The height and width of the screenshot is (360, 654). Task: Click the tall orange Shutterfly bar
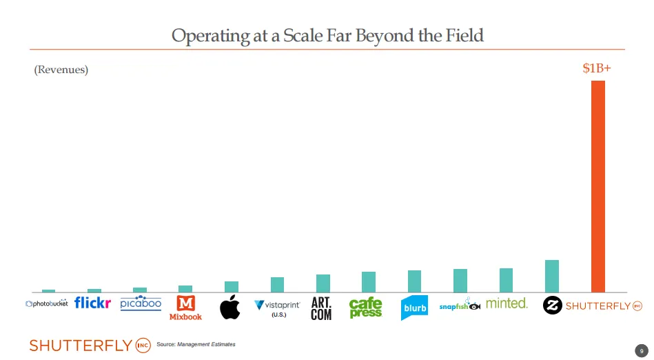point(597,186)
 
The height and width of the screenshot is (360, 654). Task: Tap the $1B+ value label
point(597,69)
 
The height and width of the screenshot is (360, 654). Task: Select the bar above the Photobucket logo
point(48,290)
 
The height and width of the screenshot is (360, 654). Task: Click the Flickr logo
point(92,303)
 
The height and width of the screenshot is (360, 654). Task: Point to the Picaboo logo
point(141,303)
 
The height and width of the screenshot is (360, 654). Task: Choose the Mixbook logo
point(185,308)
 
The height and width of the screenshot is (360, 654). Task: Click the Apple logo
point(230,307)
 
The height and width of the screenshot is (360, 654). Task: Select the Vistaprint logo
point(277,306)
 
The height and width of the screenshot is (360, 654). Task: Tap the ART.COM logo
point(322,308)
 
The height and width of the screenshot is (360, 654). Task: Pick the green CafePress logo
point(366,308)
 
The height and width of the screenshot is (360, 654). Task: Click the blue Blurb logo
point(414,308)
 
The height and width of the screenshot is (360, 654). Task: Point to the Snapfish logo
point(460,306)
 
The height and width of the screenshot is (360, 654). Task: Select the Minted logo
point(507,303)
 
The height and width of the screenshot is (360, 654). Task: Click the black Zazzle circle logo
point(552,306)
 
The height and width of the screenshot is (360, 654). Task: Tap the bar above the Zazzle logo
point(551,276)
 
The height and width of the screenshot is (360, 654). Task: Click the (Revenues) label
point(61,70)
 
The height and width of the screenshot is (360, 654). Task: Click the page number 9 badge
point(640,350)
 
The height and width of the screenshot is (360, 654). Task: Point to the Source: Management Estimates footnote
point(196,344)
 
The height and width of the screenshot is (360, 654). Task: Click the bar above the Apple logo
point(232,286)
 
